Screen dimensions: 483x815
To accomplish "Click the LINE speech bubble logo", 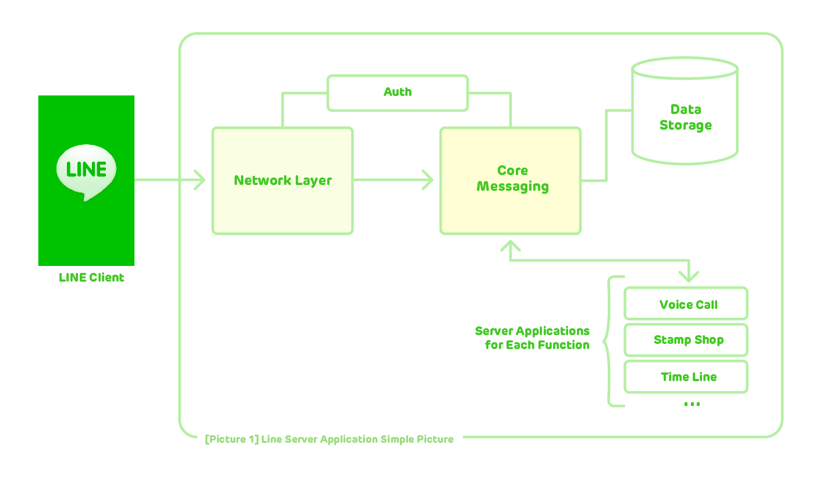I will pyautogui.click(x=86, y=171).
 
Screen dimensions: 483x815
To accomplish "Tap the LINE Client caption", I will pyautogui.click(x=91, y=278).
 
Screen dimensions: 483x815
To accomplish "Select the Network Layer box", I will pyautogui.click(x=282, y=180).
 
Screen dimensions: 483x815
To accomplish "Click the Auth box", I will pyautogui.click(x=398, y=93).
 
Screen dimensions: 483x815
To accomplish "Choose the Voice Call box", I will pyautogui.click(x=686, y=304).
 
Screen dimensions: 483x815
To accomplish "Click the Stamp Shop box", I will pyautogui.click(x=686, y=340).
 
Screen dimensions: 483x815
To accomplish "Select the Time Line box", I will pyautogui.click(x=686, y=377).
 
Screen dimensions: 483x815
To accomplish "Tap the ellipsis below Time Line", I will pyautogui.click(x=692, y=404).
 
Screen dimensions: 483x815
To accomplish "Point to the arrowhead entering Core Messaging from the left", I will pyautogui.click(x=428, y=180).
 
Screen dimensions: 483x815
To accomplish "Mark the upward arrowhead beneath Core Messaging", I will pyautogui.click(x=511, y=245).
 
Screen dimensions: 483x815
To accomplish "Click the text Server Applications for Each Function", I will pyautogui.click(x=533, y=338).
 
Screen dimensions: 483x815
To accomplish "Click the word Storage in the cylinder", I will pyautogui.click(x=685, y=126).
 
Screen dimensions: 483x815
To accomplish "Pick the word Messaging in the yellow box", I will pyautogui.click(x=512, y=187).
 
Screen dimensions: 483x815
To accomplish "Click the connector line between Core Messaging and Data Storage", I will pyautogui.click(x=607, y=145).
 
